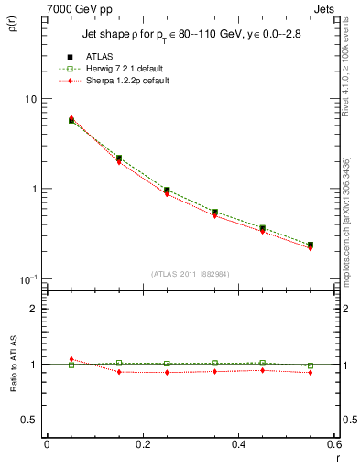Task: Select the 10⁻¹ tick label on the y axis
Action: (27, 278)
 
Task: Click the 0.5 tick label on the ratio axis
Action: (29, 420)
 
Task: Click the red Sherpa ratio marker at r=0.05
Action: (71, 359)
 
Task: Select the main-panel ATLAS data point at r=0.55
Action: (311, 245)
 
